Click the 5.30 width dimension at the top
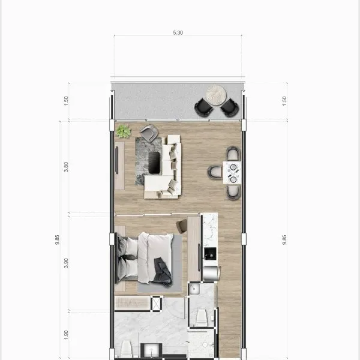pos(178,33)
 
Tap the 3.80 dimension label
pos(66,167)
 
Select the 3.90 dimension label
pos(66,263)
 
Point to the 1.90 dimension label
pos(66,335)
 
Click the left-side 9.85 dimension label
pos(57,239)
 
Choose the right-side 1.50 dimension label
pos(284,101)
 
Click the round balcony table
pos(216,95)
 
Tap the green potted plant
pos(123,131)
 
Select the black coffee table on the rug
pos(154,163)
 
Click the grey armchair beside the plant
pos(149,133)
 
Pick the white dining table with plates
pos(232,173)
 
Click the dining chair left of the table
pos(215,173)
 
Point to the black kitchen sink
pos(210,253)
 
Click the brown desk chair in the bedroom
pos(182,226)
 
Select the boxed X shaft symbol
pos(157,304)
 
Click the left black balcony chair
pos(204,107)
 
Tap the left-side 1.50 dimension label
pos(66,101)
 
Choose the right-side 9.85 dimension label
pos(284,239)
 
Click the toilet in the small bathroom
pos(202,317)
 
